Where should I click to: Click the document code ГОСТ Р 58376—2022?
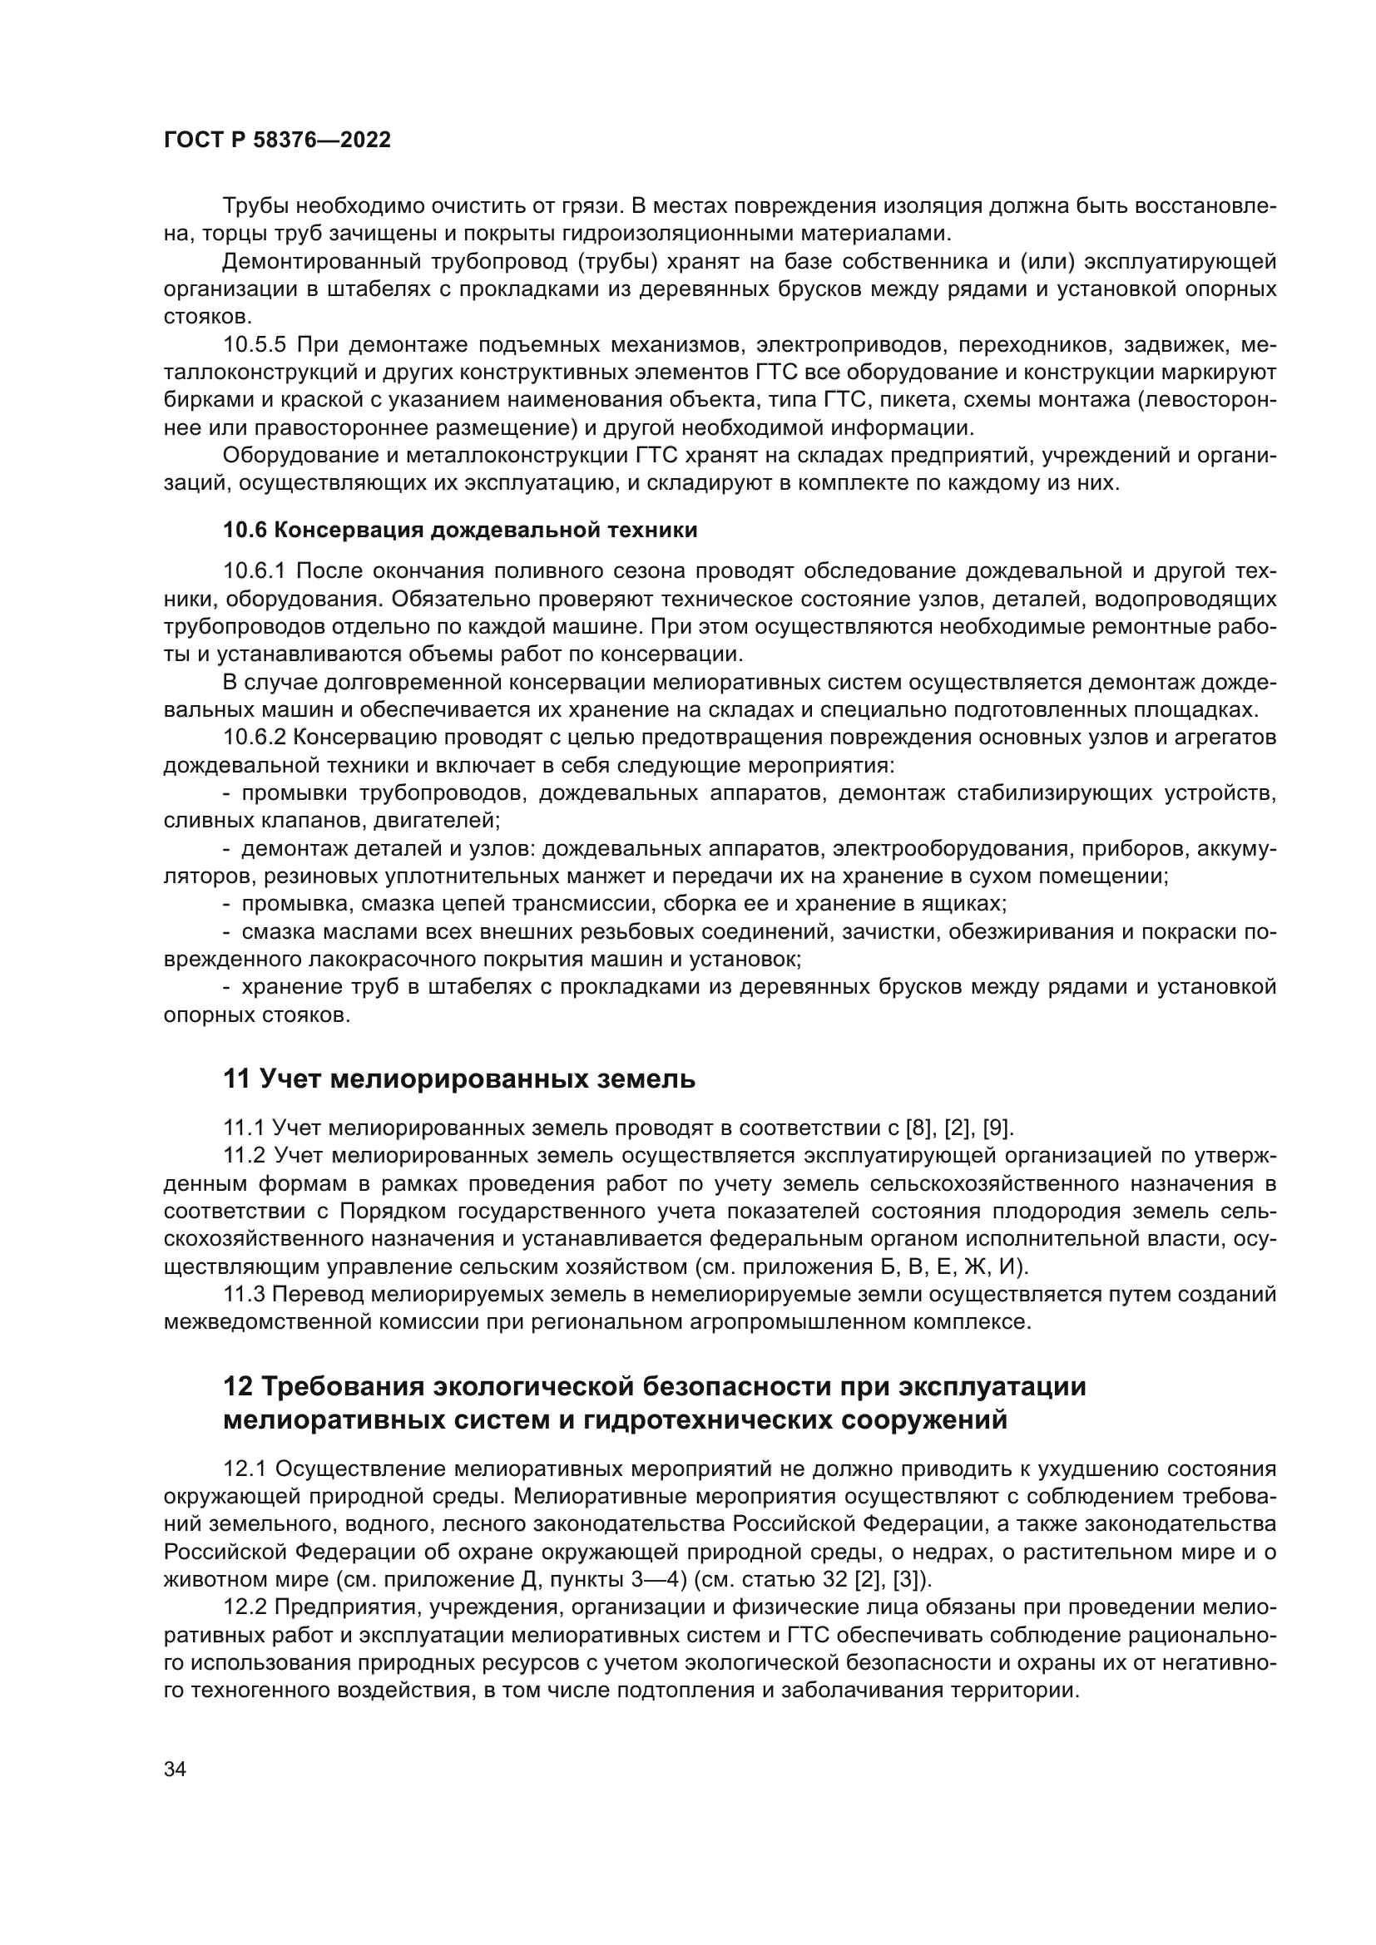pos(277,141)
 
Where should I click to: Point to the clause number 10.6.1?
pos(255,572)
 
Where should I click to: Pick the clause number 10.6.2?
pos(255,738)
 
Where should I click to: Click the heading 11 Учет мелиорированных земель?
pos(458,1079)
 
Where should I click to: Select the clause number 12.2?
pos(245,1607)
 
